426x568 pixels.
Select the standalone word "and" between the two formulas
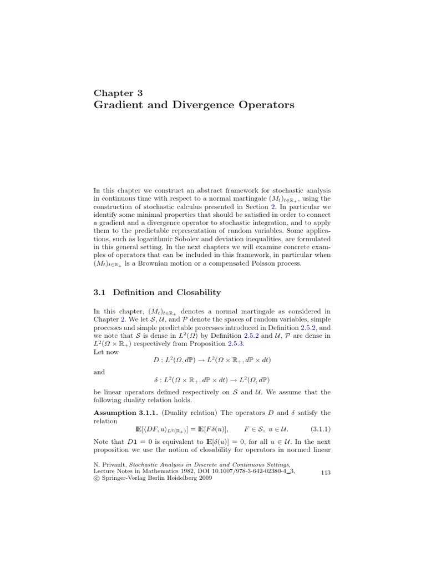pyautogui.click(x=99, y=372)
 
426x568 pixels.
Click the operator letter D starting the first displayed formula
pyautogui.click(x=156, y=360)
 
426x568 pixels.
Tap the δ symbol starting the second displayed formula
pyautogui.click(x=155, y=379)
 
